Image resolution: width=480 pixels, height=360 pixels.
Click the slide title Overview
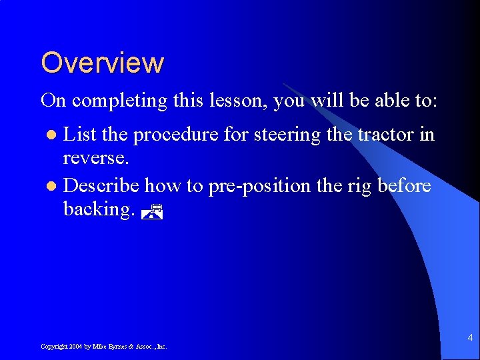[102, 63]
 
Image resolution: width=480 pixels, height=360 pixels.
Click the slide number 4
[470, 338]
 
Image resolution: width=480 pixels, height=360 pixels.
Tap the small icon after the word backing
[153, 212]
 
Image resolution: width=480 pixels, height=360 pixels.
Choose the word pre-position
[259, 185]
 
